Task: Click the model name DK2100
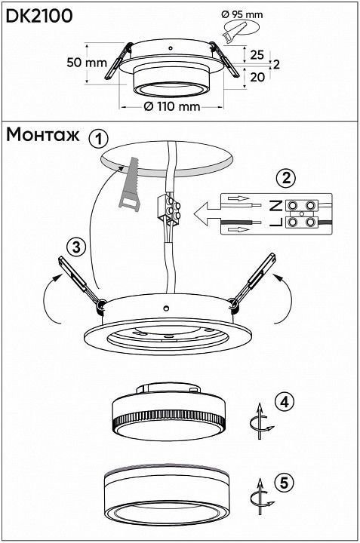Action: (39, 16)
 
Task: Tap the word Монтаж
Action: (42, 135)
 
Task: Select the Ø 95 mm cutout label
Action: (242, 14)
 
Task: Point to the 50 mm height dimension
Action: (87, 63)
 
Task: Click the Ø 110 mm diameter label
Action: (172, 106)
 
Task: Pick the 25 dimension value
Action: (257, 55)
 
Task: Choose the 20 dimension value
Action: (257, 77)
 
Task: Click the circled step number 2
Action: (286, 178)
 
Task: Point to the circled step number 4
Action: (284, 402)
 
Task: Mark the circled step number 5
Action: (284, 483)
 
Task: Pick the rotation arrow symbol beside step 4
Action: (260, 421)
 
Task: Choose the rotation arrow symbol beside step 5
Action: (260, 497)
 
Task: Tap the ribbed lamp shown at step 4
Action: (169, 412)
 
